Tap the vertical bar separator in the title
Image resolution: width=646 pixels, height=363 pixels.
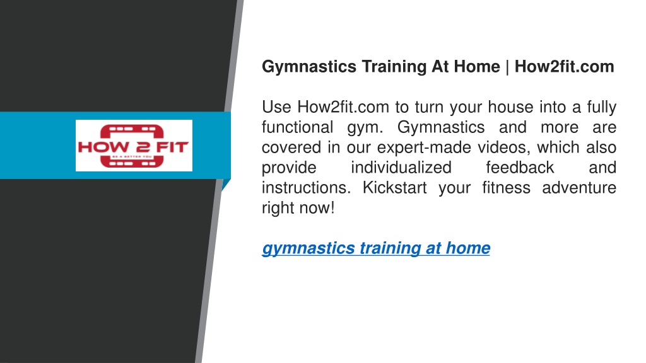(507, 67)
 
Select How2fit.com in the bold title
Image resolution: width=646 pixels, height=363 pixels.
(565, 66)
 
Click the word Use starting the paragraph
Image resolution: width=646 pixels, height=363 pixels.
(276, 107)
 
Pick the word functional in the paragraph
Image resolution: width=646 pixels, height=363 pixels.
(298, 127)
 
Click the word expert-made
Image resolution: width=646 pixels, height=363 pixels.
(424, 147)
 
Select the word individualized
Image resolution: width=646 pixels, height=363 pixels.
(401, 168)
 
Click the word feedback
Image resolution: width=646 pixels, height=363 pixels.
(520, 168)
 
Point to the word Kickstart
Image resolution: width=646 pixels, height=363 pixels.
(394, 188)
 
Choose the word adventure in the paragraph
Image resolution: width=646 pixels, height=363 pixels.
(579, 188)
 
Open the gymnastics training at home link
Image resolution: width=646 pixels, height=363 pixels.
(376, 248)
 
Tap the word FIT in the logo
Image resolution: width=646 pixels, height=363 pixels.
(172, 147)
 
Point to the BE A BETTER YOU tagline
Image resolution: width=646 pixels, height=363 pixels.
(132, 157)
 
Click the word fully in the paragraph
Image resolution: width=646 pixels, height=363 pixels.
(601, 107)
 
